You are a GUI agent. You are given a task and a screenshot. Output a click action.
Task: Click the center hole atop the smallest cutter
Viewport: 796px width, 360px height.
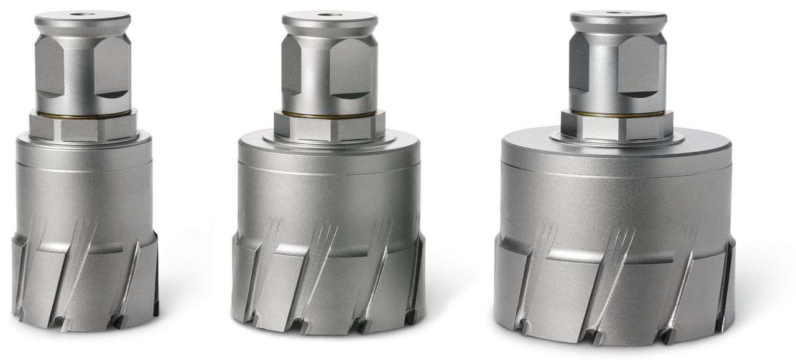click(82, 14)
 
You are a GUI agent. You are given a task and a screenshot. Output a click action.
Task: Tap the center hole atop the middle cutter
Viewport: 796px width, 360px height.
click(330, 14)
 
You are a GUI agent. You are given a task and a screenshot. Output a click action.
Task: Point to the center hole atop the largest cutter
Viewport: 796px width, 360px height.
click(618, 12)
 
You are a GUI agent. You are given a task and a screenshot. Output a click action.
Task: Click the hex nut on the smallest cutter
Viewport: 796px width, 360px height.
click(83, 127)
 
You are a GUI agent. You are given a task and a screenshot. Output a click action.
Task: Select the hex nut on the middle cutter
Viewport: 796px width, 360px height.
click(330, 127)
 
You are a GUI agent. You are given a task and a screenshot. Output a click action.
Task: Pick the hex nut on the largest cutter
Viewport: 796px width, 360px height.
click(617, 126)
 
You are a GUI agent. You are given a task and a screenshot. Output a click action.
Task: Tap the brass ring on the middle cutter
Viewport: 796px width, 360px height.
click(330, 114)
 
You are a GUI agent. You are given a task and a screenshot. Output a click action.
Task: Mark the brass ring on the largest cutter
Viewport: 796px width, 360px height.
click(617, 113)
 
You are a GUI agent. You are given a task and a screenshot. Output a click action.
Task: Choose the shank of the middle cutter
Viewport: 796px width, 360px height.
click(329, 72)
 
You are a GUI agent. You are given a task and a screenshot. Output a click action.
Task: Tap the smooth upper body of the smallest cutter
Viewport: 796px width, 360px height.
click(84, 187)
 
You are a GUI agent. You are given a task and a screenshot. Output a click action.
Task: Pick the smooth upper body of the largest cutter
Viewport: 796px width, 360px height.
click(617, 199)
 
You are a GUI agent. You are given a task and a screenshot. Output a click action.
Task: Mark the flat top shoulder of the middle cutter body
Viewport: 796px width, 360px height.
click(398, 142)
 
